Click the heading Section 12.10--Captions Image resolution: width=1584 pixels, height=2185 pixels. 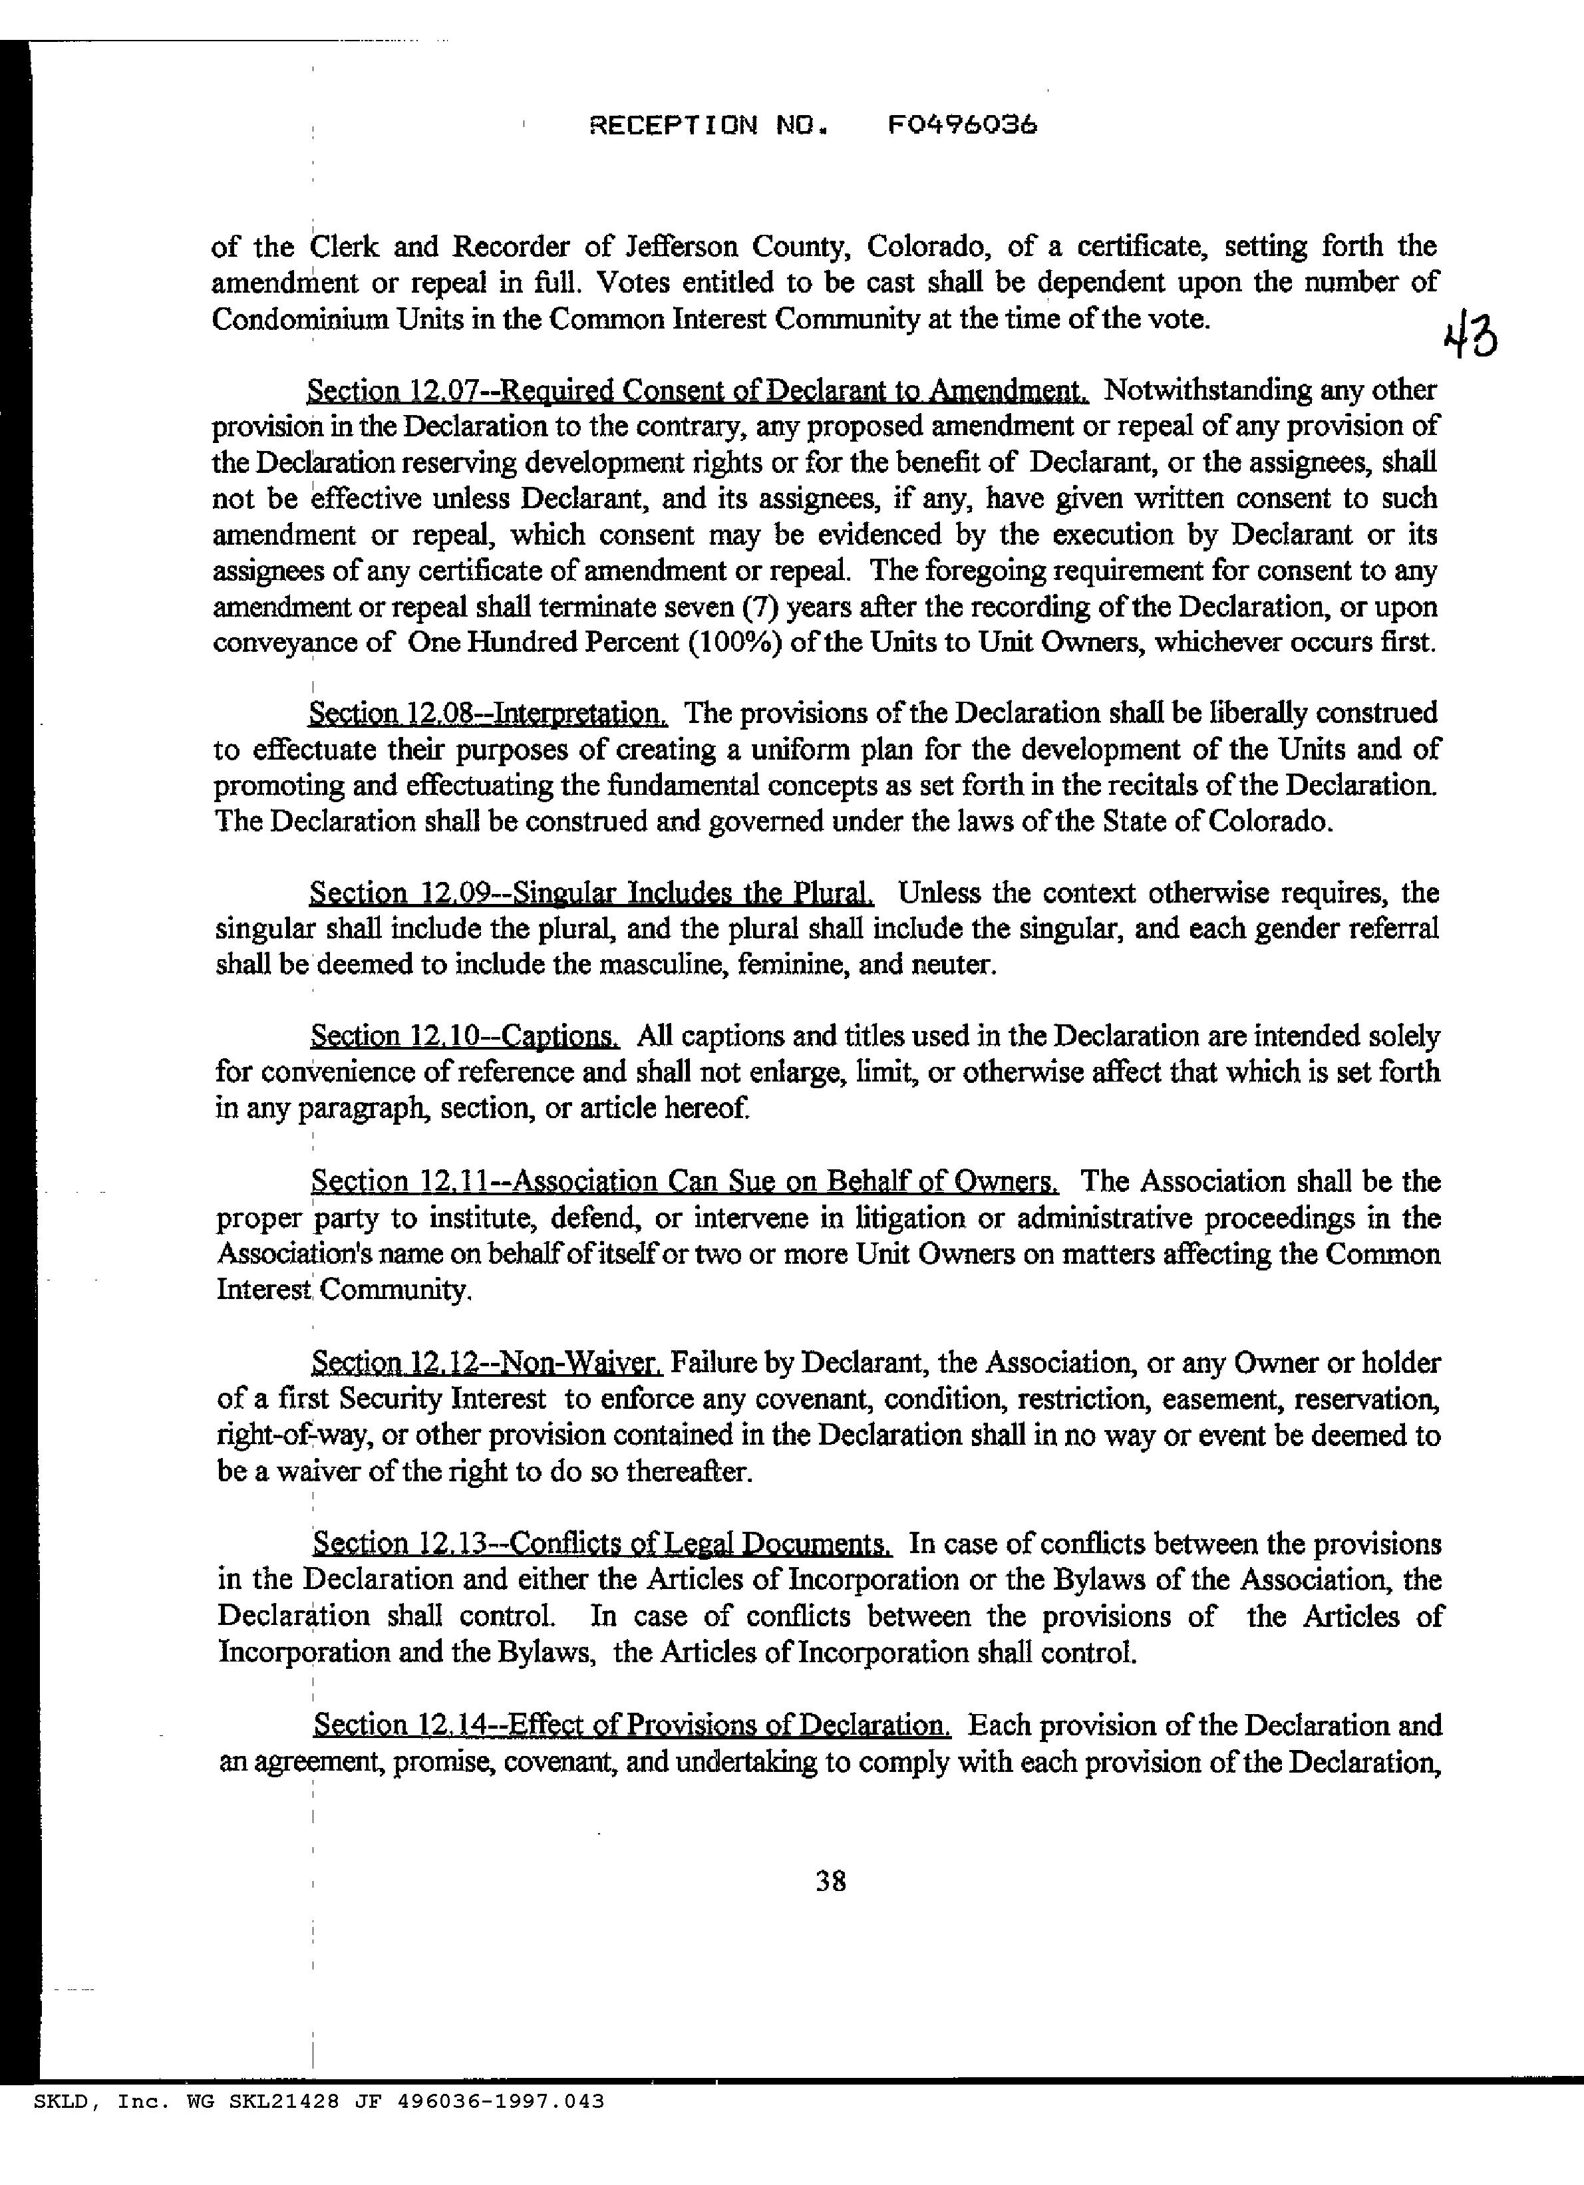tap(464, 1036)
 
